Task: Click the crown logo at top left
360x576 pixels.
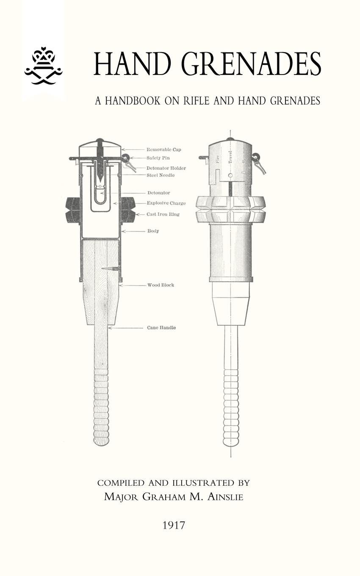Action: click(x=44, y=66)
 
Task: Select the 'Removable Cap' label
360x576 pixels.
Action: click(x=163, y=150)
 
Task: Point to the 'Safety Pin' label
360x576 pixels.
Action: click(x=158, y=158)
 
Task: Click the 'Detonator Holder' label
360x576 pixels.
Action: click(x=166, y=168)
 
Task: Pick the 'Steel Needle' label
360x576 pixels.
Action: click(x=161, y=175)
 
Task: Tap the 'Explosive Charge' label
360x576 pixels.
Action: click(x=166, y=203)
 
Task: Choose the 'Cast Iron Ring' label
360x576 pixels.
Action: click(x=163, y=214)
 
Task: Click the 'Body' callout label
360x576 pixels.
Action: click(x=153, y=231)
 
